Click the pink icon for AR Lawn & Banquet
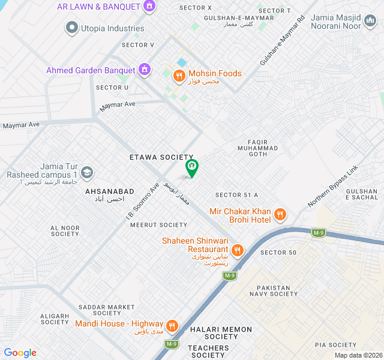149,7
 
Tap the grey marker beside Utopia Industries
73,28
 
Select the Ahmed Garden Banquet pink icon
144,70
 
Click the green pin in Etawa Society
191,167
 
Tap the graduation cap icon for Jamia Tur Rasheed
87,173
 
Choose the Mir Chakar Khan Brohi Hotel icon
279,214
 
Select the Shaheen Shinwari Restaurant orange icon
238,250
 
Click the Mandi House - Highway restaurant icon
172,326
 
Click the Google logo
20,353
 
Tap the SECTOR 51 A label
236,195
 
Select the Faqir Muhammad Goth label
257,148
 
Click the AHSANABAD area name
110,191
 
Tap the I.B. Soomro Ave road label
143,200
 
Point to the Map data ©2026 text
357,355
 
